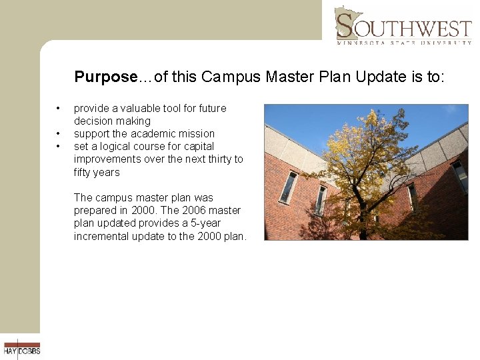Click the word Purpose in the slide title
(x=105, y=77)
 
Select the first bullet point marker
(x=59, y=108)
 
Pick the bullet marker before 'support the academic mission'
(x=59, y=133)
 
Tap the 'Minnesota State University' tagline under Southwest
(x=404, y=42)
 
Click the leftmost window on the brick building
(x=288, y=187)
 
